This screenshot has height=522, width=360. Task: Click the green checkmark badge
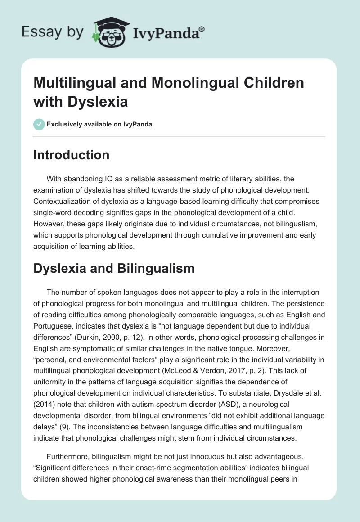point(39,124)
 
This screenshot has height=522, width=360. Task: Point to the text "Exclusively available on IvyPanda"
point(99,124)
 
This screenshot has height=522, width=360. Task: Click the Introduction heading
point(71,155)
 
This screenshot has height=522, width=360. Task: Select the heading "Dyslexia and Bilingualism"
point(114,268)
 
